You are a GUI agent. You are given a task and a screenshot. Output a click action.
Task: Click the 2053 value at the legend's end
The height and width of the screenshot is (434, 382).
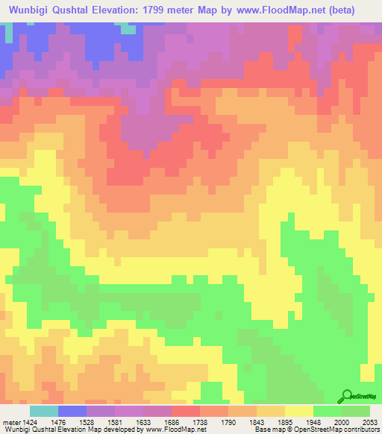pyautogui.click(x=371, y=421)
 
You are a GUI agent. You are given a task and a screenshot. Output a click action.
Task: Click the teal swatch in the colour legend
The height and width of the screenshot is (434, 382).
pyautogui.click(x=44, y=410)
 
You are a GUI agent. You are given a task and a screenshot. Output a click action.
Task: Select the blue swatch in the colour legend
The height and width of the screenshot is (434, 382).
pyautogui.click(x=72, y=410)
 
